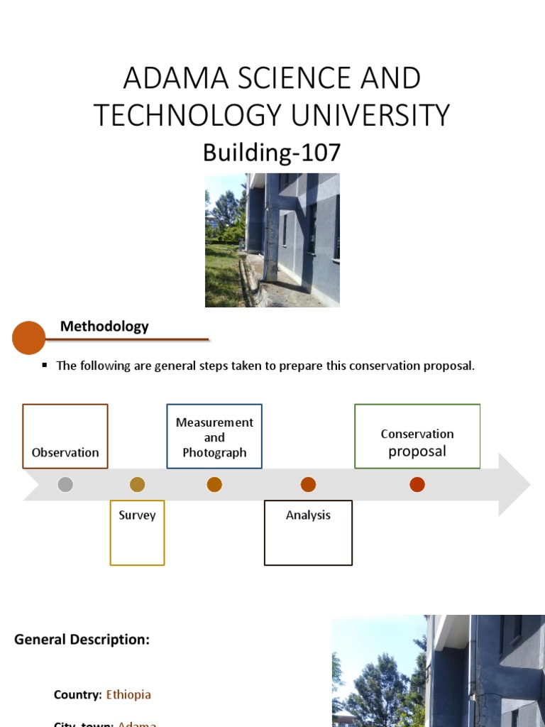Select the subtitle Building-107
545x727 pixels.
(272, 153)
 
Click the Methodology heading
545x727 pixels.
(104, 327)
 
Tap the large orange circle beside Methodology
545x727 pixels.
(29, 338)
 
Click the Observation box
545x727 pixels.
(65, 437)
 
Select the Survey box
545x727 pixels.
(137, 532)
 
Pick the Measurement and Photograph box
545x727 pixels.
(214, 437)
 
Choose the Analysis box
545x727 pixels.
(308, 532)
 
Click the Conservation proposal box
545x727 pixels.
(417, 437)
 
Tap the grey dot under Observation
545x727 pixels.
(65, 485)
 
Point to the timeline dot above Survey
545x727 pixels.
(138, 485)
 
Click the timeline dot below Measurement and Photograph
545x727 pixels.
(214, 485)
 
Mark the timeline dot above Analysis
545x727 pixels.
(308, 485)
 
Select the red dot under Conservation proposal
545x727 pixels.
(417, 485)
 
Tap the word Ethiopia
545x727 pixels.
(128, 694)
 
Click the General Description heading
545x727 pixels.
(82, 640)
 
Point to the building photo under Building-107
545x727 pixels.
(272, 240)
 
